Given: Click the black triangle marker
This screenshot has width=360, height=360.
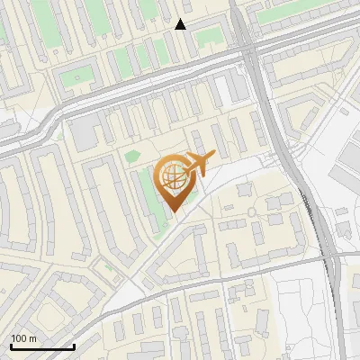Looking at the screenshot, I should pyautogui.click(x=181, y=24).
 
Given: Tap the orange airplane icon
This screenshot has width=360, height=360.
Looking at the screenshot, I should pyautogui.click(x=199, y=165).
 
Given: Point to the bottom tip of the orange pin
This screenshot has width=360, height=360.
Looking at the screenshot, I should pyautogui.click(x=171, y=212).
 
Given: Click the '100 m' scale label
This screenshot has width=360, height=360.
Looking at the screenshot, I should pyautogui.click(x=23, y=337).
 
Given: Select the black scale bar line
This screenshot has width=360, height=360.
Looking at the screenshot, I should pyautogui.click(x=42, y=346).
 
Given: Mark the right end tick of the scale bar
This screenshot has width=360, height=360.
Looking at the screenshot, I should pyautogui.click(x=74, y=345).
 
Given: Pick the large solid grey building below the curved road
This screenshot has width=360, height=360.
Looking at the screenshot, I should pyautogui.click(x=85, y=135).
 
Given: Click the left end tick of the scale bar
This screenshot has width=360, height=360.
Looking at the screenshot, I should pyautogui.click(x=11, y=345).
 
